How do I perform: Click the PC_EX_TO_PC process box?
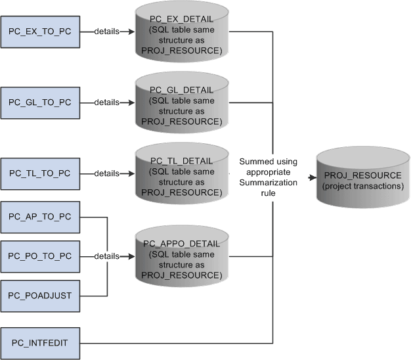(x=40, y=32)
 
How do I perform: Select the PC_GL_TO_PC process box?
(x=40, y=102)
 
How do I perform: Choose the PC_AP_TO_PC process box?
(x=40, y=217)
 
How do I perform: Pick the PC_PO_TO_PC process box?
(x=40, y=256)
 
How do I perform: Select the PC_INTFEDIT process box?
(x=40, y=343)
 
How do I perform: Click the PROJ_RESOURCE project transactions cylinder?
(x=363, y=178)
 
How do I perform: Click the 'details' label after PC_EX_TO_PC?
(x=106, y=32)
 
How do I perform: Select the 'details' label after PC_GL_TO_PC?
(x=106, y=102)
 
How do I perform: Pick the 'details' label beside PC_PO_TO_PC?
(x=106, y=256)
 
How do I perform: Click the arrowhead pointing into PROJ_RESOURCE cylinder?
(x=312, y=177)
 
